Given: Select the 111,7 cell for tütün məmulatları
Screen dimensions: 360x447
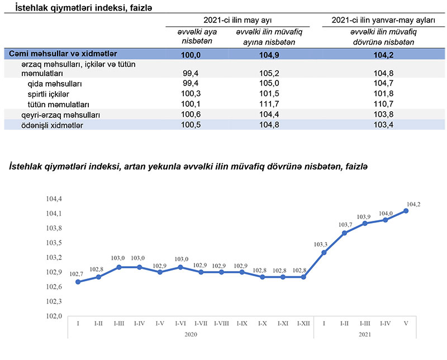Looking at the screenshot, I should coord(270,105).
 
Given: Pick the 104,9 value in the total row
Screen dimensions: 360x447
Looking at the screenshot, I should coord(270,54).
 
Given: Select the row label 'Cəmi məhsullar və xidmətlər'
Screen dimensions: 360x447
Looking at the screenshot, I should coord(63,54).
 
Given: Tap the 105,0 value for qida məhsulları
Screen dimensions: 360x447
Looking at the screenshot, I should coord(270,83).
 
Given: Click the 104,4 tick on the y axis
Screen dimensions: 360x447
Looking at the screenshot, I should coord(54,199).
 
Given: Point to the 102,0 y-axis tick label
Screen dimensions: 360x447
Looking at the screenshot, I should coord(54,316).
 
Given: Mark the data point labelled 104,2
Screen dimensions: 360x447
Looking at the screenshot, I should coord(406,210).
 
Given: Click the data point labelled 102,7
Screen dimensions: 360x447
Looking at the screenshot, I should coord(78,282).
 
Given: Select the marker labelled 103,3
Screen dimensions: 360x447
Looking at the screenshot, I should coord(324,252).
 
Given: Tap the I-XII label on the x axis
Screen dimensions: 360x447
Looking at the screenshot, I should coord(303,324).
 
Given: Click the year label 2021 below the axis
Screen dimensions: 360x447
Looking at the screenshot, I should coord(365,334).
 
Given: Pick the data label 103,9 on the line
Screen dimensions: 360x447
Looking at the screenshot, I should coord(364,217).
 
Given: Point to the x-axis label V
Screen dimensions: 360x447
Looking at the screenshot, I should coord(406,324).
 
